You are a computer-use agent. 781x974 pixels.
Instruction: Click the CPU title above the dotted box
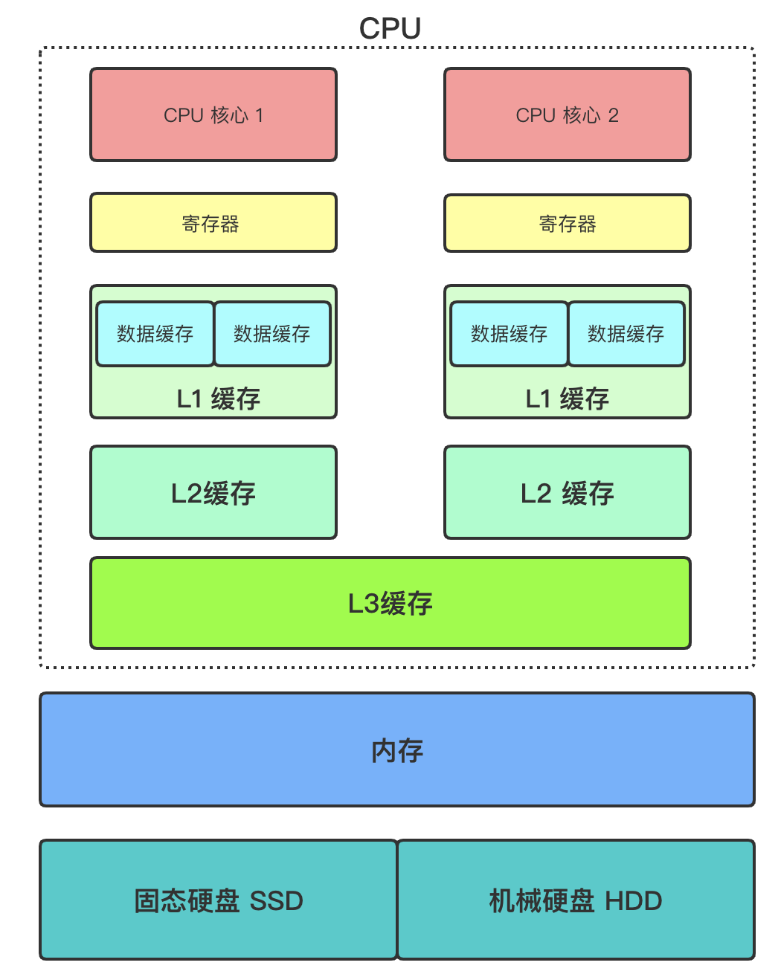pos(390,28)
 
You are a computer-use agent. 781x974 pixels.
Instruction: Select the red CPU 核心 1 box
pos(213,115)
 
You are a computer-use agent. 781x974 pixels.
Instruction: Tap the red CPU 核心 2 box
pos(567,115)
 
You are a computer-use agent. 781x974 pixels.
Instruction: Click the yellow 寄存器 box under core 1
pos(213,223)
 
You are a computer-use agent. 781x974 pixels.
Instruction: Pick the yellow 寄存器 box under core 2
pos(567,224)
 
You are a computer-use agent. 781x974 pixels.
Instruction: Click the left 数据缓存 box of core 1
pos(155,334)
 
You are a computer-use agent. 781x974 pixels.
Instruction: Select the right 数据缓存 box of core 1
pos(272,334)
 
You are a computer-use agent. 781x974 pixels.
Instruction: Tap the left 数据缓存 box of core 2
pos(510,334)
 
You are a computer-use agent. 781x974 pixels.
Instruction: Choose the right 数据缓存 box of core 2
pos(626,334)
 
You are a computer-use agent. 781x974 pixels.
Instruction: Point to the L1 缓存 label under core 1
pos(218,399)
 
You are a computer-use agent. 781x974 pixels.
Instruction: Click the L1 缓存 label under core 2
pos(567,399)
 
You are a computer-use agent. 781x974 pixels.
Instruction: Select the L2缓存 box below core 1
pos(213,493)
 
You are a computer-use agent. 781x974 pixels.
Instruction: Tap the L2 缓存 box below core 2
pos(567,493)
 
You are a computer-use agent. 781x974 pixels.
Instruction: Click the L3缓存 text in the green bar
pos(390,603)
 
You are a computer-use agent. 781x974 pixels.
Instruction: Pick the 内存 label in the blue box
pos(397,750)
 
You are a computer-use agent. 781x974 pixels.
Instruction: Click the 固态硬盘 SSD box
pos(218,900)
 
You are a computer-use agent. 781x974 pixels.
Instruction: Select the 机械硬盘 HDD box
pos(576,900)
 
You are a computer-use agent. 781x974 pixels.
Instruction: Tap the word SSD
pos(276,901)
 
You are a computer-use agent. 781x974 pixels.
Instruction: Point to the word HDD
pos(633,901)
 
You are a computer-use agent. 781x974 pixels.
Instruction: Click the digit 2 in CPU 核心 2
pos(613,115)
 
